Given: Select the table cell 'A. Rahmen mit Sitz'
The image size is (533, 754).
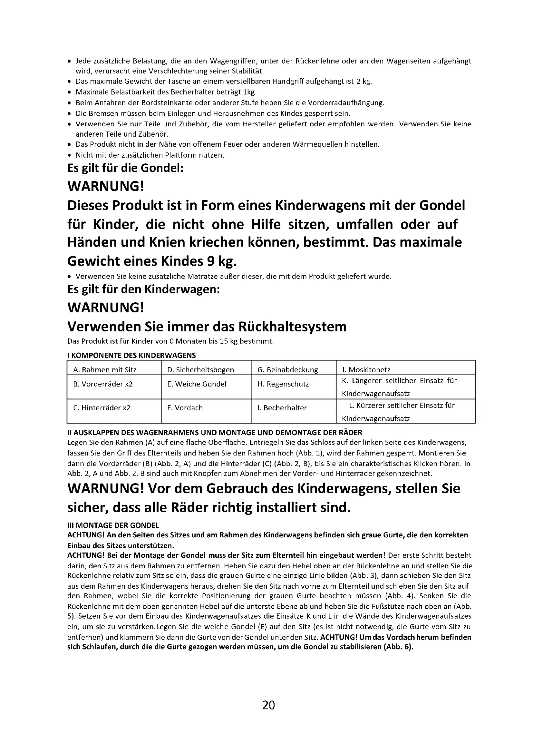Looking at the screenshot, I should point(105,370).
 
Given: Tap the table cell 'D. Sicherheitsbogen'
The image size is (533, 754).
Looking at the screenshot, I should point(200,370).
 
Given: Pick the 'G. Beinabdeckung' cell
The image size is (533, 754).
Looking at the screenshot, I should point(288,370).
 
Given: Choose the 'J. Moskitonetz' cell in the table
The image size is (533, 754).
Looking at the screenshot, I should point(366,370).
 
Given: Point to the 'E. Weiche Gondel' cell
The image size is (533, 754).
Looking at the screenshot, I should point(197,384).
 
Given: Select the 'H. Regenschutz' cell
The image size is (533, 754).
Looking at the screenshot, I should point(283,384).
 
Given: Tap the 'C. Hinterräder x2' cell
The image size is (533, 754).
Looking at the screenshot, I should point(102,408).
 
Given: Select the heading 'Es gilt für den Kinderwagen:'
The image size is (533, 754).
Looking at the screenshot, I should point(143,289).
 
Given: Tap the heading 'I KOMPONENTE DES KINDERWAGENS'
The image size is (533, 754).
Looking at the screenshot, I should point(131,355).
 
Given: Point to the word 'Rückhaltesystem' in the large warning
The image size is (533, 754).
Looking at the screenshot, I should point(292,327).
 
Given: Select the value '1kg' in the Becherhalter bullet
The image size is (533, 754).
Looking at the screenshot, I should point(249,92).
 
